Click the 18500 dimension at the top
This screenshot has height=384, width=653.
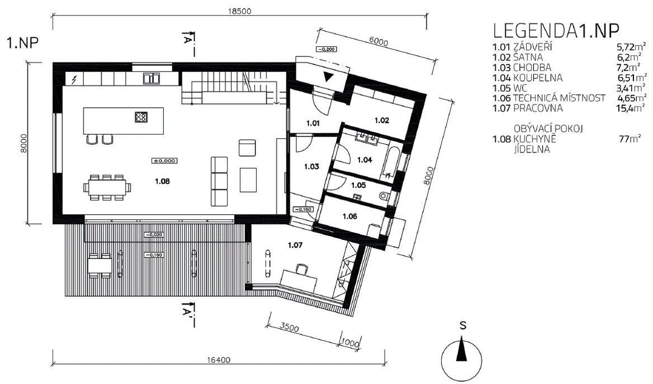(239, 11)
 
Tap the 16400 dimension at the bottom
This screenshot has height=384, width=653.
(218, 361)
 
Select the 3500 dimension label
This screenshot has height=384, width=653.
(290, 328)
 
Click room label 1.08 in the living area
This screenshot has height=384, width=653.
(163, 181)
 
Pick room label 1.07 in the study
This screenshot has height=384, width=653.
(295, 245)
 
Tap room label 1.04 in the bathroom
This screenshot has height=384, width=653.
(365, 160)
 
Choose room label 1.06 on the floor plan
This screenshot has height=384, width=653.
(350, 216)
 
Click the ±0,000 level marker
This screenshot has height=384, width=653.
(165, 160)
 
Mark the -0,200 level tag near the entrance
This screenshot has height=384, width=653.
(326, 49)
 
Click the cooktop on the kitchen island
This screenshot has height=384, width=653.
(141, 117)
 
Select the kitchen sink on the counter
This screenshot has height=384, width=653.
(152, 78)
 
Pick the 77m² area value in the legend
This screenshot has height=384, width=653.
(630, 139)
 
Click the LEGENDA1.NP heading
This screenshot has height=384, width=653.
(556, 31)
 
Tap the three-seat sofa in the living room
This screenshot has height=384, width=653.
(219, 181)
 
